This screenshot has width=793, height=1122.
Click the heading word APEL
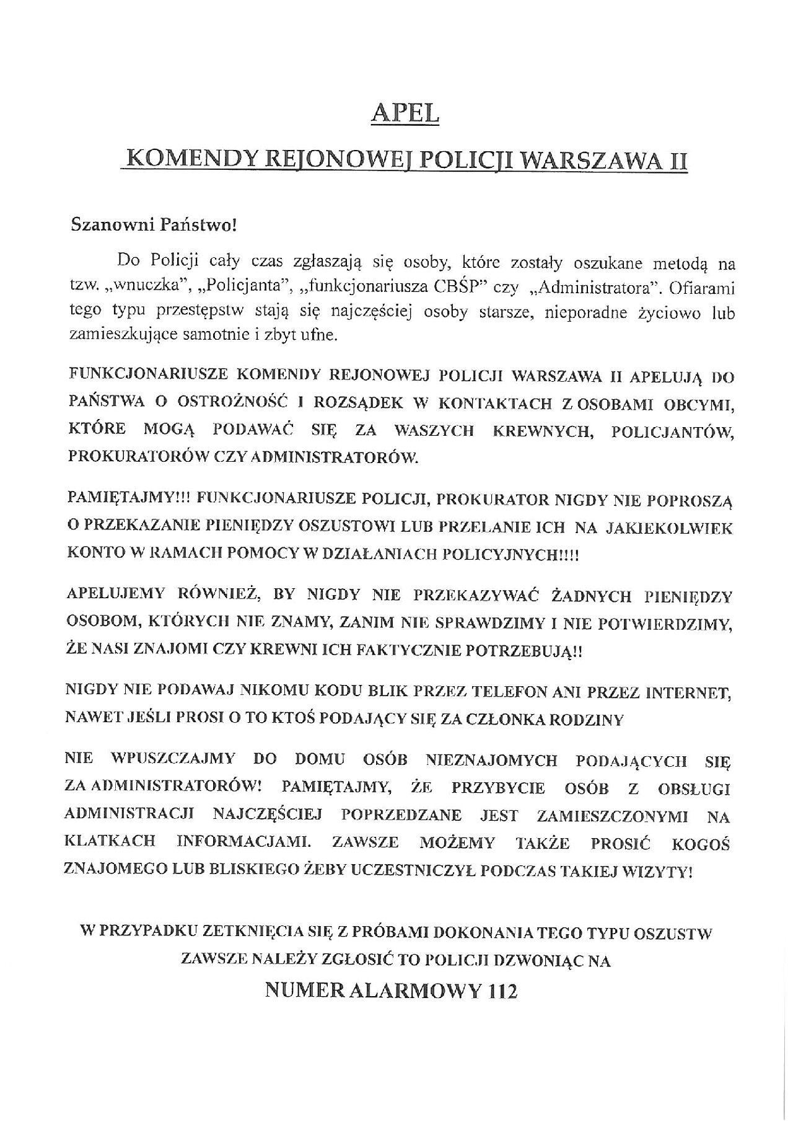click(405, 114)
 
